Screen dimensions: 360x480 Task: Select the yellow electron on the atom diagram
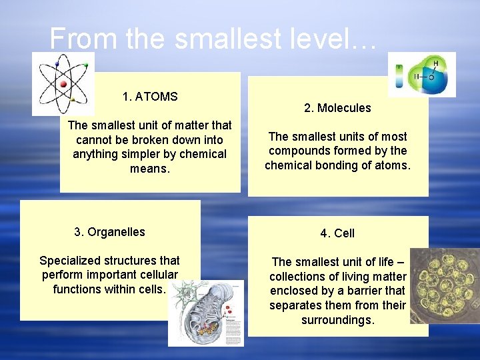coord(73,100)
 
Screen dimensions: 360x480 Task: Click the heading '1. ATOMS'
coord(150,97)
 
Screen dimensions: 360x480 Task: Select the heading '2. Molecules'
coord(337,108)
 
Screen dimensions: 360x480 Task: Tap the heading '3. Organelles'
coord(109,232)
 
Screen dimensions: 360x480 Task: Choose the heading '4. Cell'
coord(337,233)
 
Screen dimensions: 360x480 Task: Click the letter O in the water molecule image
coord(431,77)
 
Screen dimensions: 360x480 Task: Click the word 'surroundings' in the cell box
coord(337,320)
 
